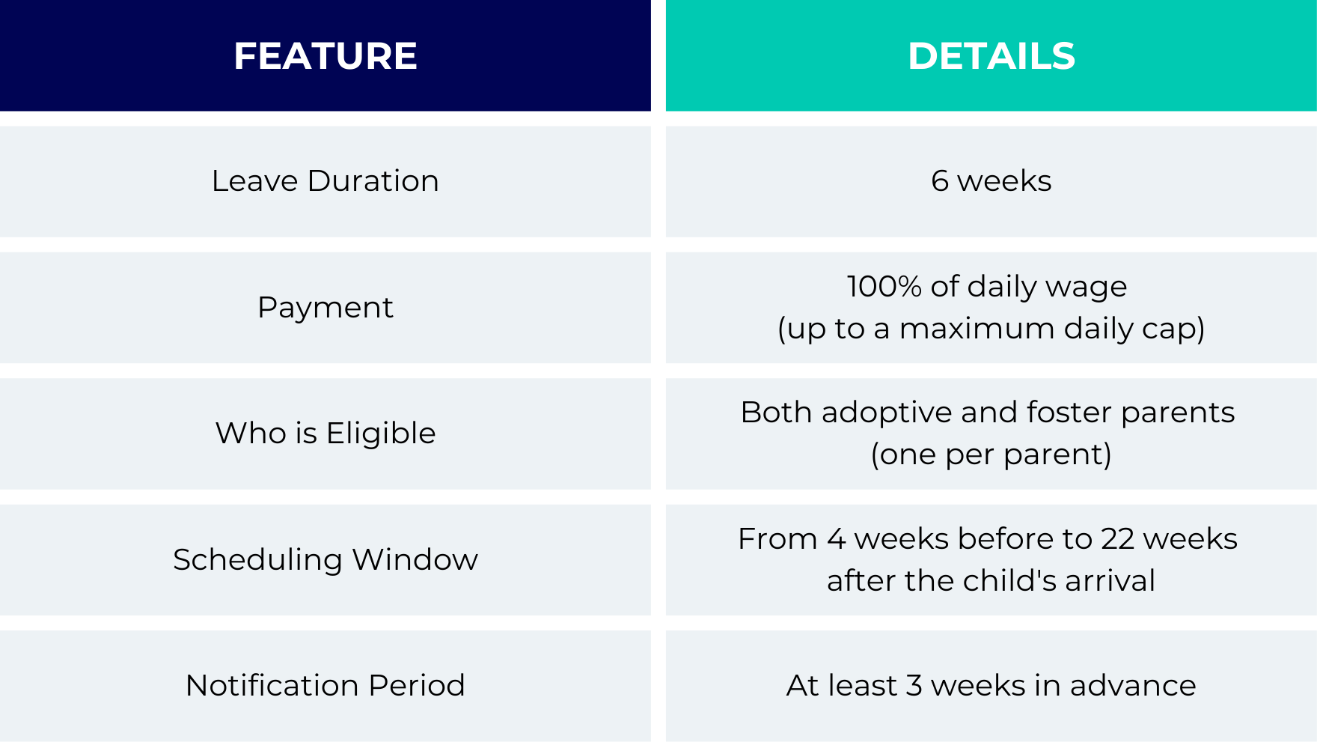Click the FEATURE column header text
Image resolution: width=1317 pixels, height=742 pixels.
tap(326, 56)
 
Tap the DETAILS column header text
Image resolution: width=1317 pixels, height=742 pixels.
tap(991, 56)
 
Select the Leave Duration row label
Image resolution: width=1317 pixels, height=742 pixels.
tap(326, 181)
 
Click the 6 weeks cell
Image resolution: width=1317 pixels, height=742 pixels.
tap(991, 181)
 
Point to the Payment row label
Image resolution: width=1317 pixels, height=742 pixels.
tap(326, 308)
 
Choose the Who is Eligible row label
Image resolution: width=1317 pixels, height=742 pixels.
tap(326, 434)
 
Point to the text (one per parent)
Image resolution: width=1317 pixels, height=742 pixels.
tap(991, 454)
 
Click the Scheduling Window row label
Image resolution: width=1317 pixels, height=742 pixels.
tap(326, 560)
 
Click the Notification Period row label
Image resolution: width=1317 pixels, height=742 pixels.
tap(326, 686)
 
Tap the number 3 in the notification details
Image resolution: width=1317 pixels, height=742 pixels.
tap(914, 686)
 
